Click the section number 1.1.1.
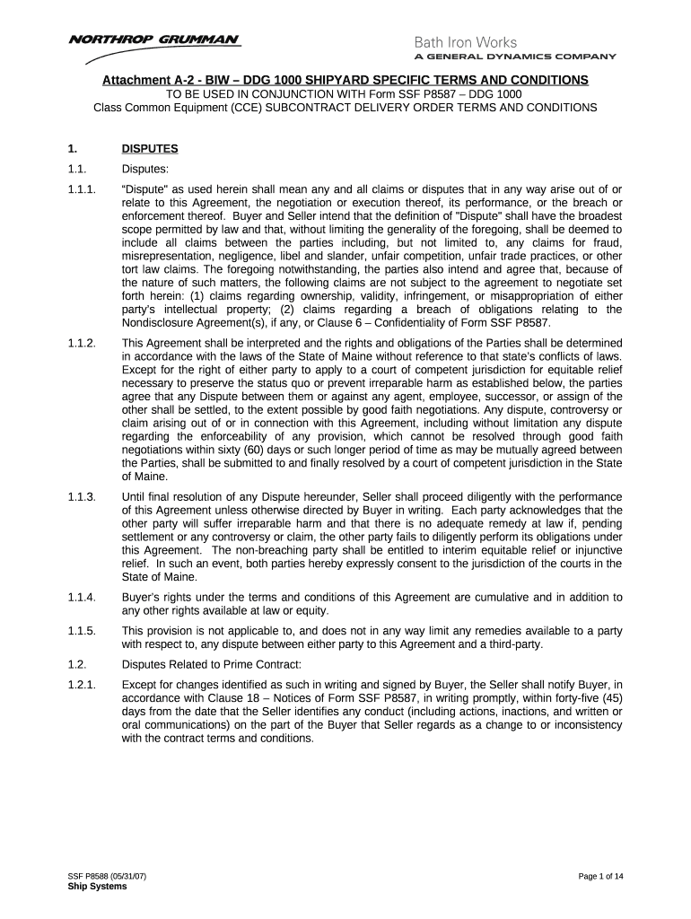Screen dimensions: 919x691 82,191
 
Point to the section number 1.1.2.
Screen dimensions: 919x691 82,343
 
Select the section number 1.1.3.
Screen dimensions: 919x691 82,496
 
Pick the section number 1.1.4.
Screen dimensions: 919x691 82,598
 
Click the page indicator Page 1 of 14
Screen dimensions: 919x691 596,876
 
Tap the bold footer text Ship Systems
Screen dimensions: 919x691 97,887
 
